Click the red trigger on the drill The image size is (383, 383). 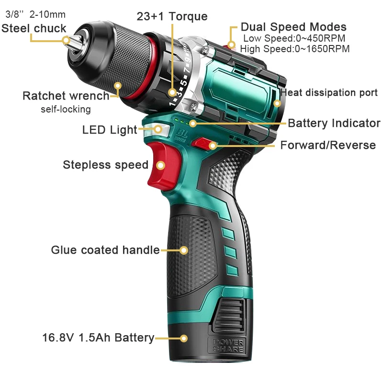164,166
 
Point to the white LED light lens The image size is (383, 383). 157,130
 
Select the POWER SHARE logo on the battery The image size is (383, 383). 228,345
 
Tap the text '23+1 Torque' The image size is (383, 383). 172,17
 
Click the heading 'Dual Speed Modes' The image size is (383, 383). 293,27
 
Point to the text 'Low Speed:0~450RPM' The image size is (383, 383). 294,38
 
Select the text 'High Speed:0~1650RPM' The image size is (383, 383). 294,49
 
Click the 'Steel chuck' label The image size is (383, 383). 34,28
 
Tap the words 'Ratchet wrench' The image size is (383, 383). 66,96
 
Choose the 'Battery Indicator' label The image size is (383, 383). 334,123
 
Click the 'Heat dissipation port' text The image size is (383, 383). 329,92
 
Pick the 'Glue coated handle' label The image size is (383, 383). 105,250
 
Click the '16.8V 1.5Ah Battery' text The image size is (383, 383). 98,338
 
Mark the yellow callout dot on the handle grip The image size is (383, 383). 183,250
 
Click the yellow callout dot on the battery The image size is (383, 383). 183,338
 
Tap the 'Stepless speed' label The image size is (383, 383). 105,165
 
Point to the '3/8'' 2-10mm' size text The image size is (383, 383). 35,14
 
